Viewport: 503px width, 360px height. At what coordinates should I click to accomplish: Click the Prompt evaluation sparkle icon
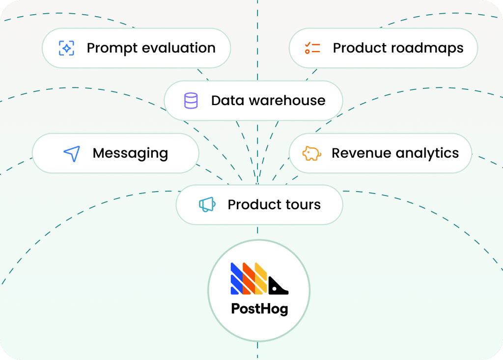(66, 48)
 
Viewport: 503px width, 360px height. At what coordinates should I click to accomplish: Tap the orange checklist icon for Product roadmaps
(312, 48)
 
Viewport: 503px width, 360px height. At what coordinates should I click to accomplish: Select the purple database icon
(191, 101)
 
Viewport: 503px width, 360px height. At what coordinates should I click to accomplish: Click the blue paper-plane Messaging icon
(72, 153)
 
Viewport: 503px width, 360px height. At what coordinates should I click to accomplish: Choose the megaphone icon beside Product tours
(207, 205)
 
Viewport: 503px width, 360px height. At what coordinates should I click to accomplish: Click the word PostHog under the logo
(259, 309)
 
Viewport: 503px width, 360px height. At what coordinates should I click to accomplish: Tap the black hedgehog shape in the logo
(278, 285)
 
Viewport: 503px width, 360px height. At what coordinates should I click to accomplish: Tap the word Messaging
(130, 154)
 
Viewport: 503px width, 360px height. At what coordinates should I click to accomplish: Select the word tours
(304, 205)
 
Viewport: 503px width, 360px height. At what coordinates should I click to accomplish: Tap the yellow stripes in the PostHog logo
(261, 279)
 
